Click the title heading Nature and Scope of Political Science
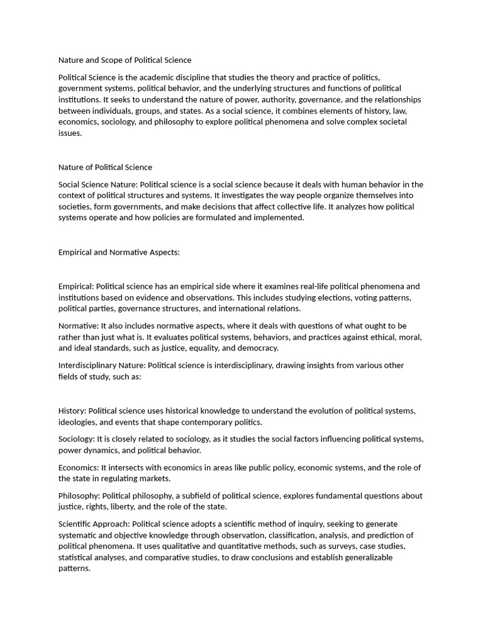pyautogui.click(x=125, y=60)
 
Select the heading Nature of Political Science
pyautogui.click(x=105, y=167)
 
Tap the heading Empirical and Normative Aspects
pyautogui.click(x=119, y=252)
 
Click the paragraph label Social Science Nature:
pyautogui.click(x=97, y=185)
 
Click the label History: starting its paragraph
pyautogui.click(x=71, y=411)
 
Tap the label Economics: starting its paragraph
pyautogui.click(x=79, y=468)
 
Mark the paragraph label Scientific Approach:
pyautogui.click(x=94, y=524)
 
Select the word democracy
pyautogui.click(x=258, y=348)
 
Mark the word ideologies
pyautogui.click(x=79, y=422)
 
